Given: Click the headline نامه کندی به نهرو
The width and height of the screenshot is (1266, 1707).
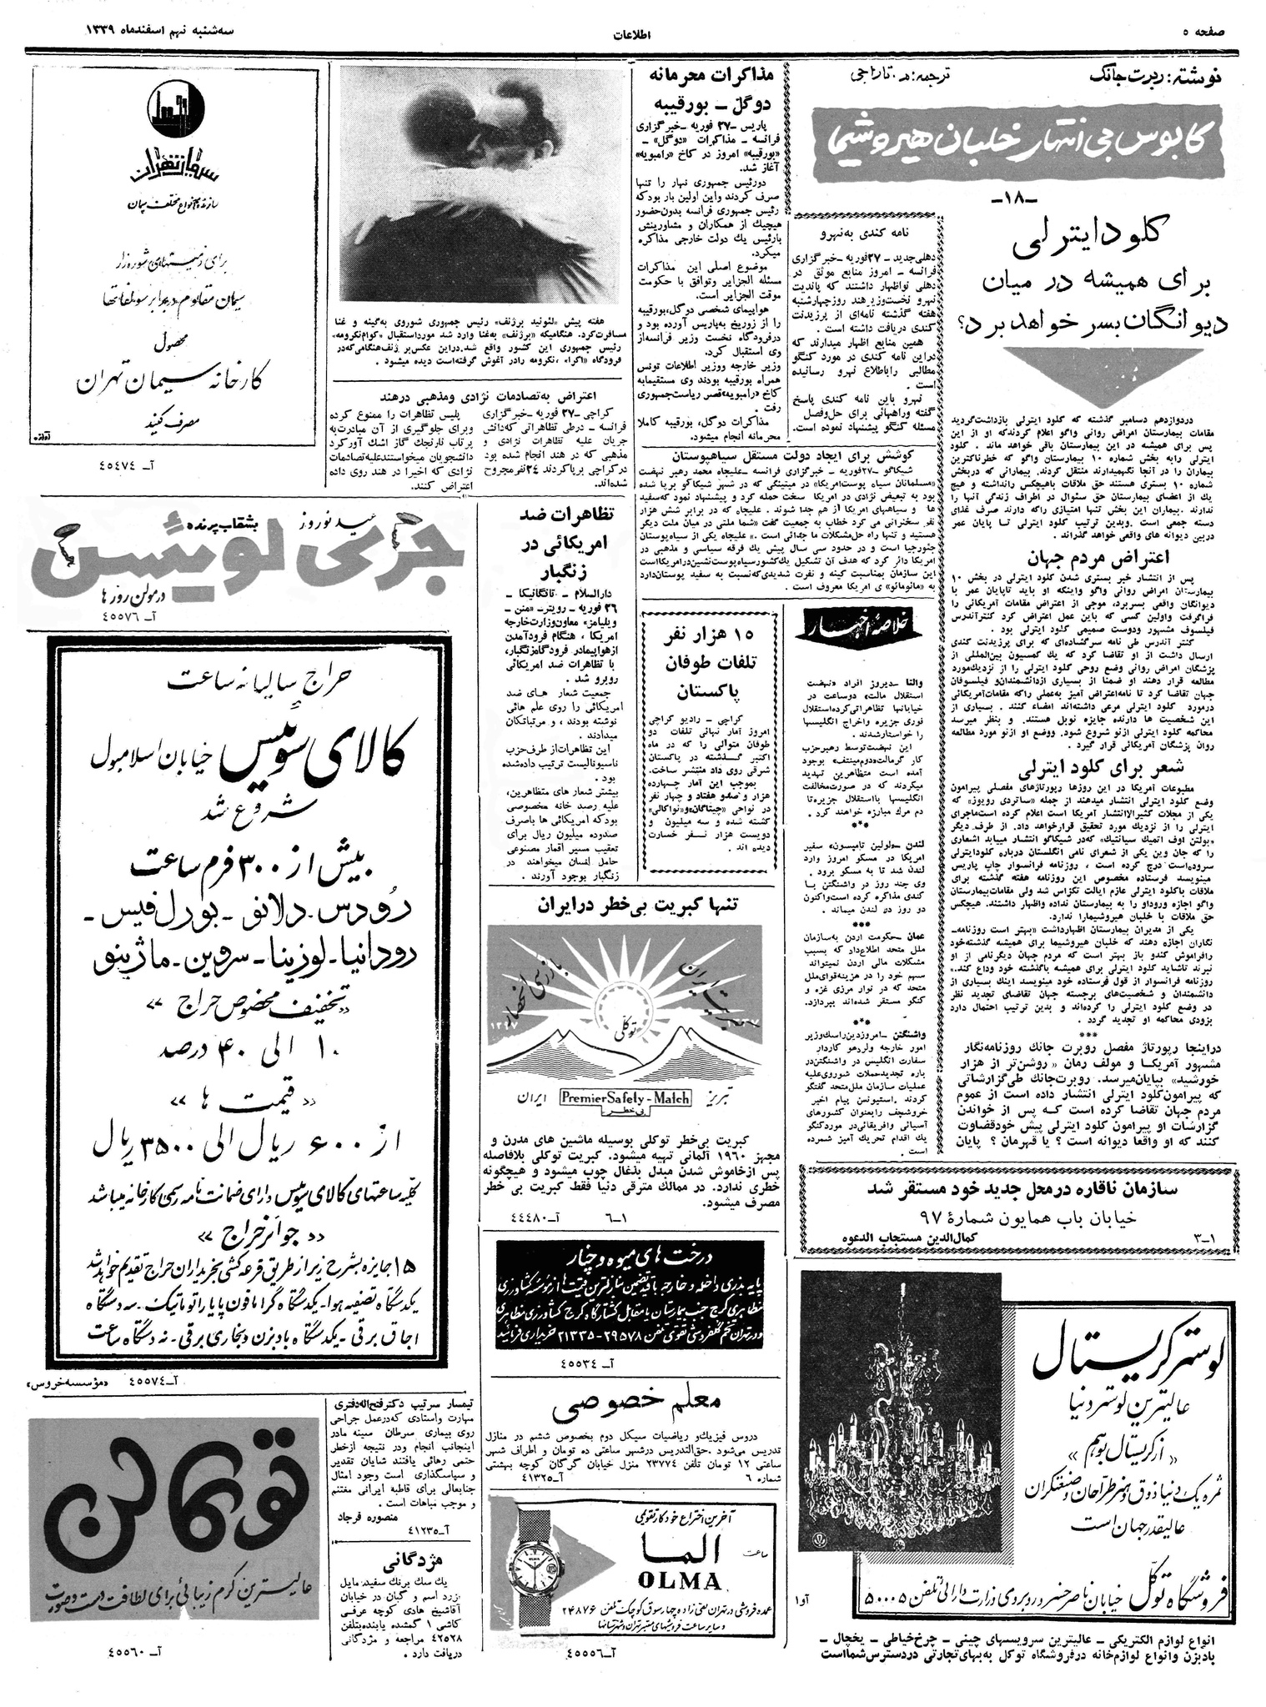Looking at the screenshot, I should point(868,234).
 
